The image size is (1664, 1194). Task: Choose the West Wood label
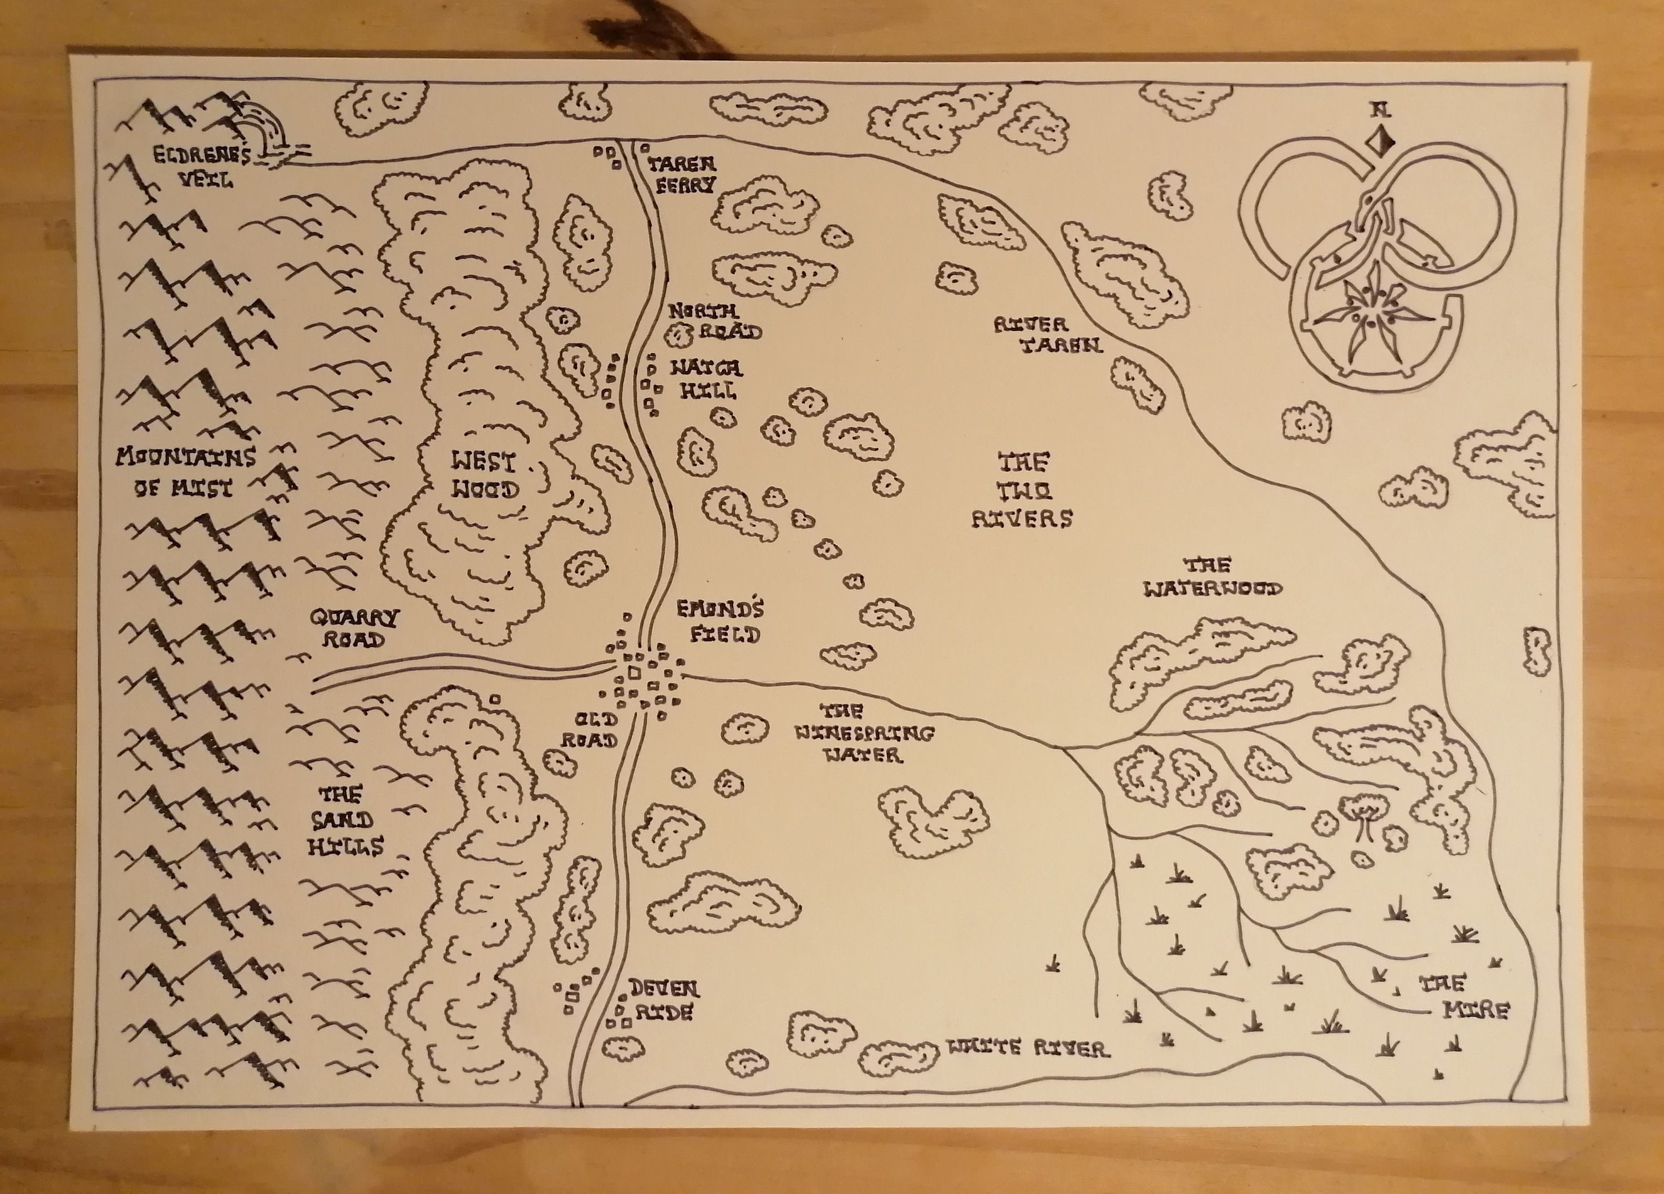(484, 475)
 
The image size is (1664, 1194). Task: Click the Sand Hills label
(343, 821)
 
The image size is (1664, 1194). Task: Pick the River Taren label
(1048, 335)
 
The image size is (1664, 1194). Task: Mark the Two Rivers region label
(1022, 490)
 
